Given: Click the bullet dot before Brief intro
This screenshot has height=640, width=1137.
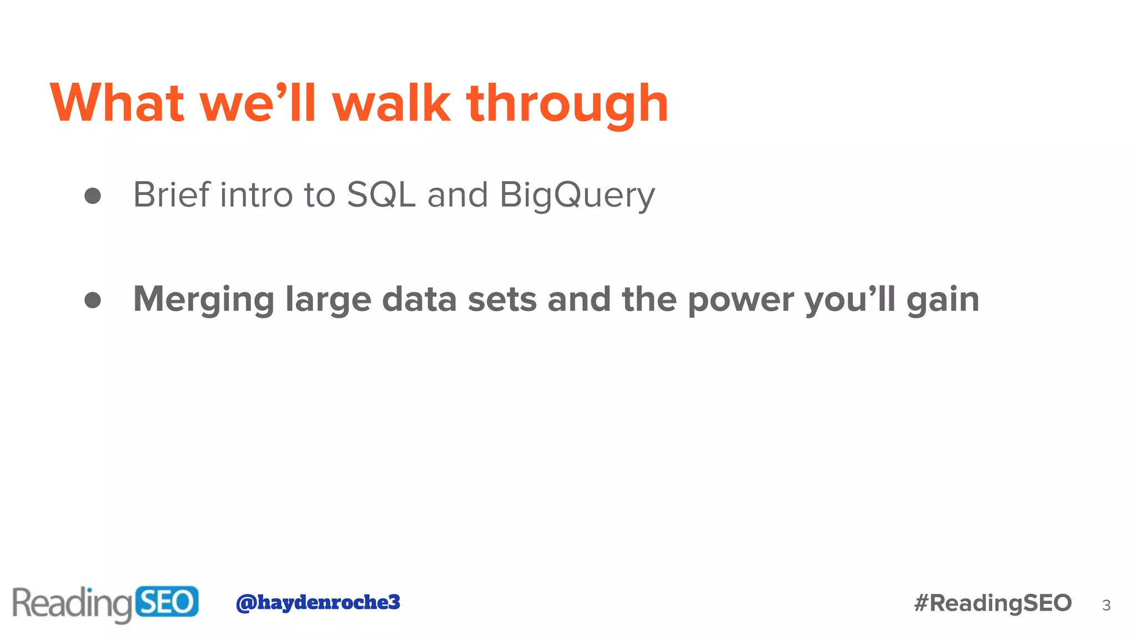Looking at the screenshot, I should click(93, 196).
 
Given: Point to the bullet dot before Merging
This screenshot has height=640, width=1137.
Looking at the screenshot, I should click(93, 300).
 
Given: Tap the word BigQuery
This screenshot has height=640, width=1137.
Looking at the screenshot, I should click(577, 196).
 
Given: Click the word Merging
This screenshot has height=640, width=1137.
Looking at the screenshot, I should click(204, 300).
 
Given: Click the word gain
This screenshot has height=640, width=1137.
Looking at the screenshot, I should click(943, 300).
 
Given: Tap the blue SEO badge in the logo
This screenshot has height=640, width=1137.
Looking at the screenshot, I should click(167, 602).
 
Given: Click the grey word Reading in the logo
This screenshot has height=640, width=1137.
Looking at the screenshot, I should click(72, 604).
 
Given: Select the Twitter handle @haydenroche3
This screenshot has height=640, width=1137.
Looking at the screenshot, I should click(318, 602).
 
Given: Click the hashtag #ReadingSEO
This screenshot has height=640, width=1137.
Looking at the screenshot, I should click(993, 603).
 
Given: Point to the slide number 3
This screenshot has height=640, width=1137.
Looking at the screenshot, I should click(1106, 605).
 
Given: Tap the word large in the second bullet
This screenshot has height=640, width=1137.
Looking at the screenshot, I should click(328, 300).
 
